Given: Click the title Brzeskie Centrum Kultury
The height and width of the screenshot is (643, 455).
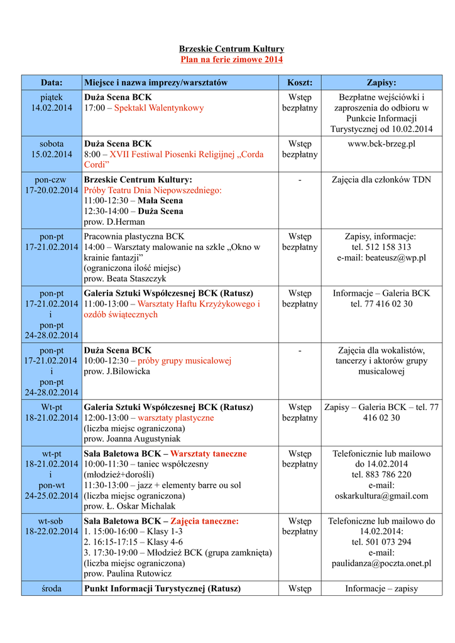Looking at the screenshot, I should pyautogui.click(x=231, y=49).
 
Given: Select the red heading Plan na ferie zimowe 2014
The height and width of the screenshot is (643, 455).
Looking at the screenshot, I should pyautogui.click(x=231, y=60).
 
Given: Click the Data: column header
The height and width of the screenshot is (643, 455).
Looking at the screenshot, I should pyautogui.click(x=52, y=83).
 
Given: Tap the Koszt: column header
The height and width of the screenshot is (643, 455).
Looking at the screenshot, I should pyautogui.click(x=299, y=83).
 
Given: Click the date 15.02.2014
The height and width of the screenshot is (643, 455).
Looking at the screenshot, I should pyautogui.click(x=52, y=154).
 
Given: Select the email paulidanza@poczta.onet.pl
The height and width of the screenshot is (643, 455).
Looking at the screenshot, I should pyautogui.click(x=381, y=563).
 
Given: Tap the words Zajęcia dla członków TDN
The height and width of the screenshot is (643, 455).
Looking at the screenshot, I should pyautogui.click(x=381, y=180).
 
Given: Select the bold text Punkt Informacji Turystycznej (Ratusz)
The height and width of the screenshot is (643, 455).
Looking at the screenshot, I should pyautogui.click(x=162, y=589).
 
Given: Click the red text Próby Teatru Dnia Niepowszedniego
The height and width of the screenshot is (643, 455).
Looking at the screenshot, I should pyautogui.click(x=153, y=190).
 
